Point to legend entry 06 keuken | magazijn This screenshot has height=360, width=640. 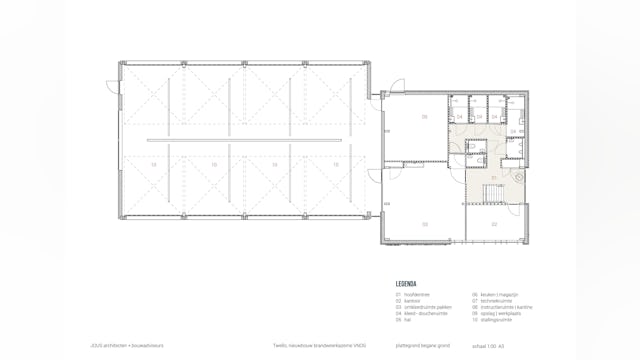pos(493,295)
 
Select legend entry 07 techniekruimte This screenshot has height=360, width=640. pos(490,301)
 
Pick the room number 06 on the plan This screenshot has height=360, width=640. pos(424,117)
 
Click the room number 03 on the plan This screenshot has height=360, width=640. pos(424,225)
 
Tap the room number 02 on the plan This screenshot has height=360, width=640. pos(494,225)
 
